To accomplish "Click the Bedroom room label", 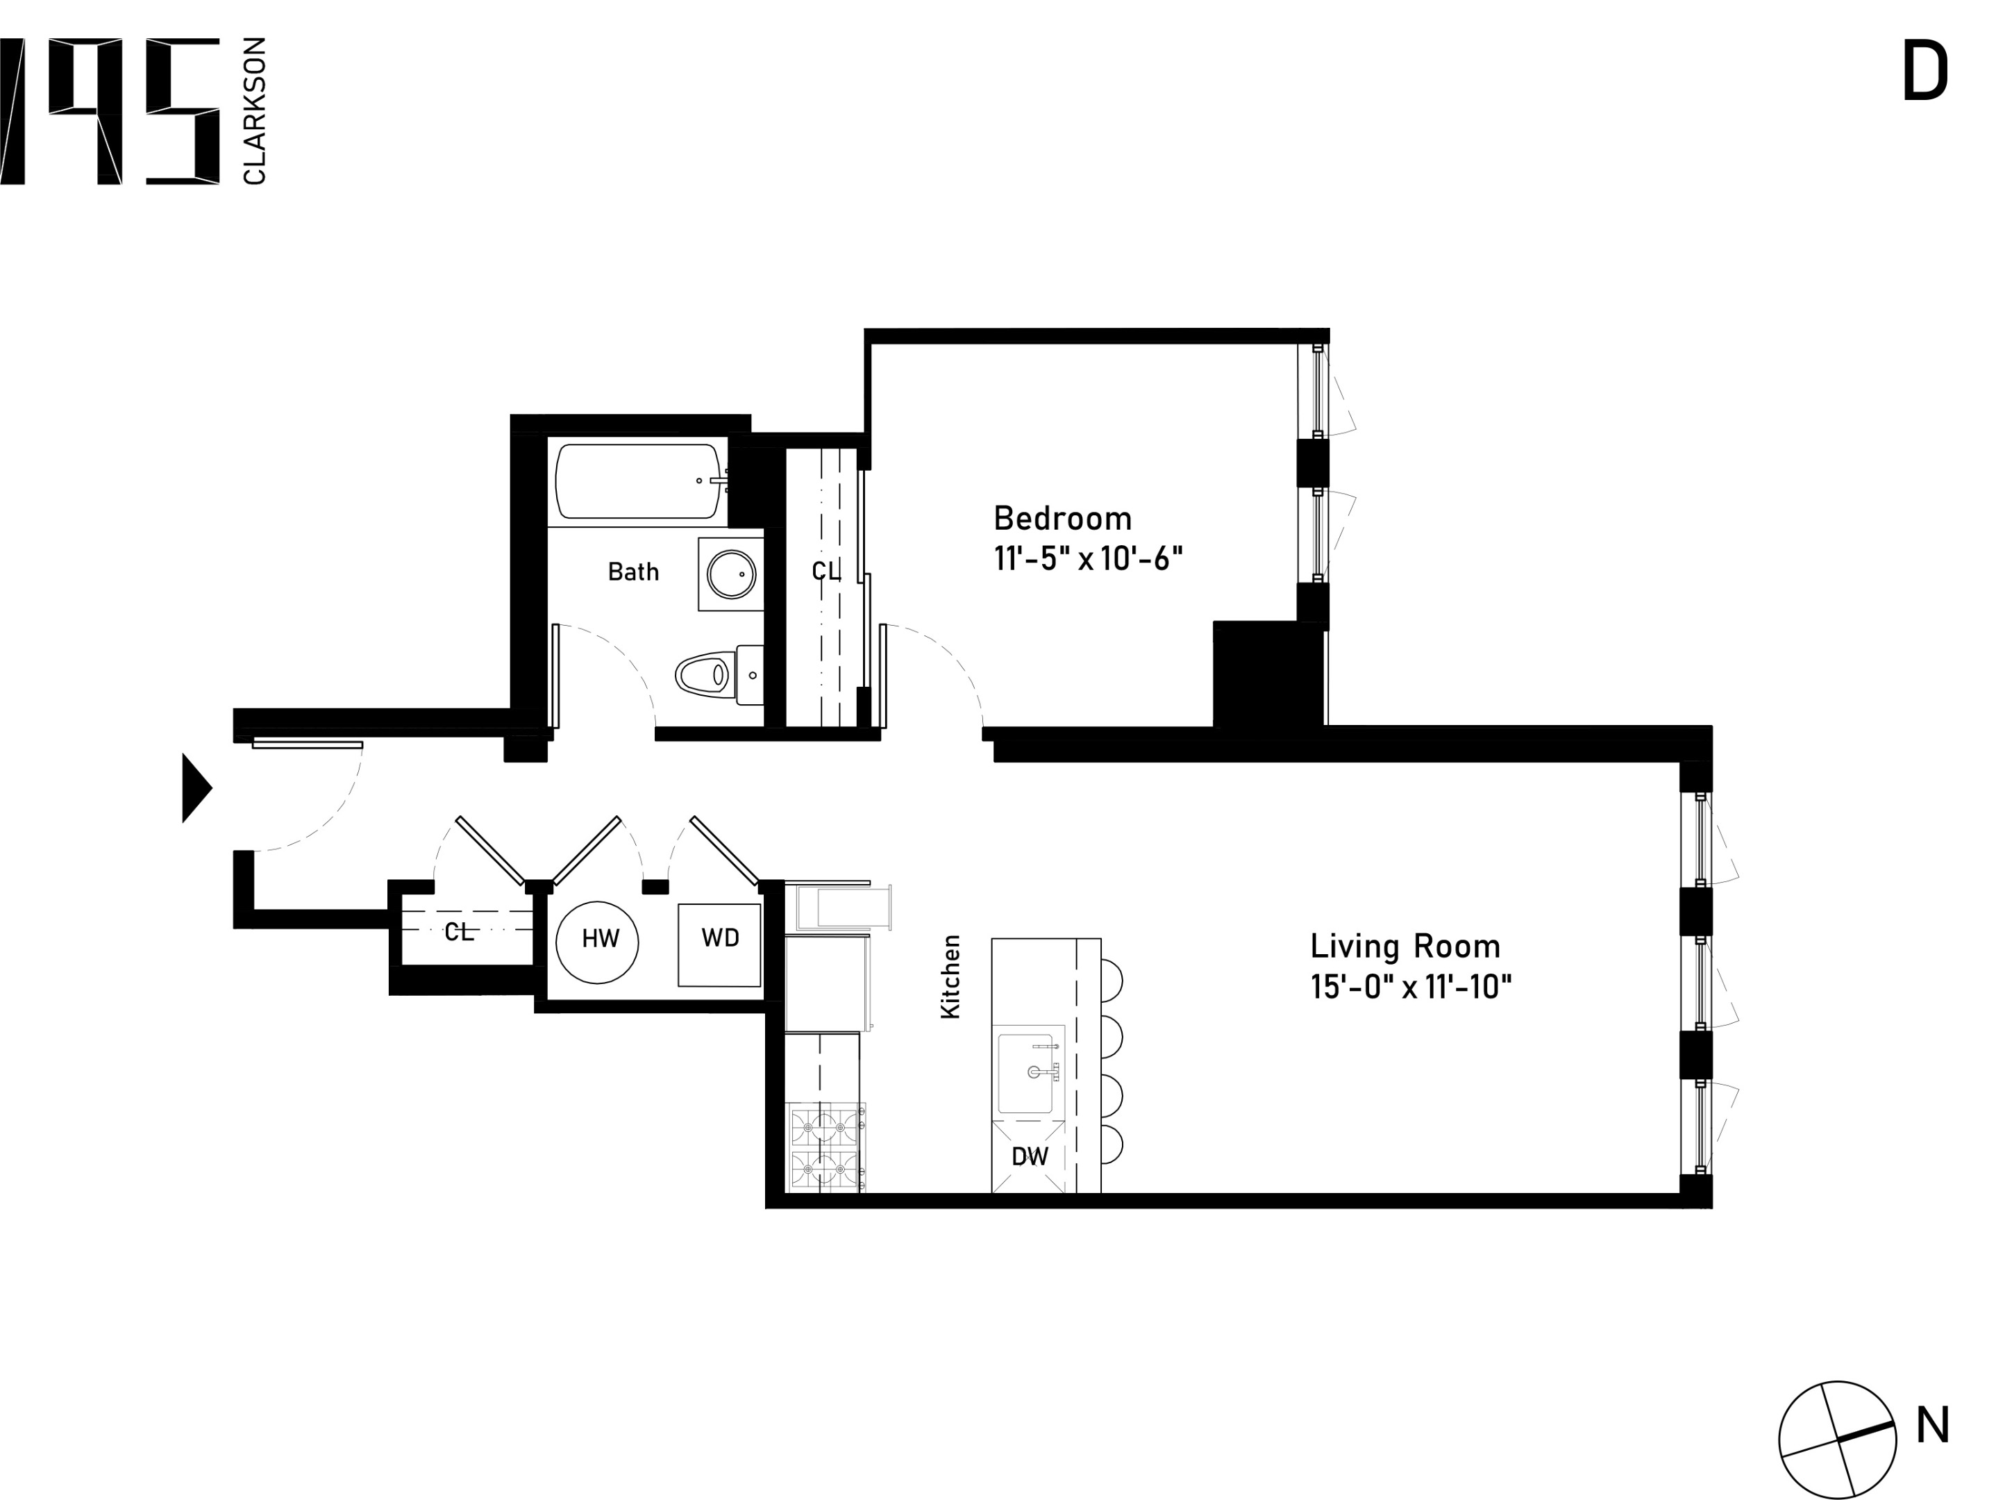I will click(1062, 519).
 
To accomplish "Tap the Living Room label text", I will click(1405, 947).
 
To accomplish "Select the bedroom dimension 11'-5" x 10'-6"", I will click(1087, 560).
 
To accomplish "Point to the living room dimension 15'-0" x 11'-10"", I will click(1410, 987).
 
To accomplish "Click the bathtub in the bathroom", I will click(637, 481).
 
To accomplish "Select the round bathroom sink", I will click(731, 574).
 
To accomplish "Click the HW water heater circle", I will click(597, 942).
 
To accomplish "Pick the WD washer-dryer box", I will click(719, 944).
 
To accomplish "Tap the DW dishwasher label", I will click(1030, 1157).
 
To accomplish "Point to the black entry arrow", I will click(195, 788).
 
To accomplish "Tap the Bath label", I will click(632, 572).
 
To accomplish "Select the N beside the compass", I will click(1933, 1428).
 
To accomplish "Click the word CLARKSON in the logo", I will click(255, 111).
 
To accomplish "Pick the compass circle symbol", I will click(1837, 1440).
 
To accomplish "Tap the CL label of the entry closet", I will click(458, 933).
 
